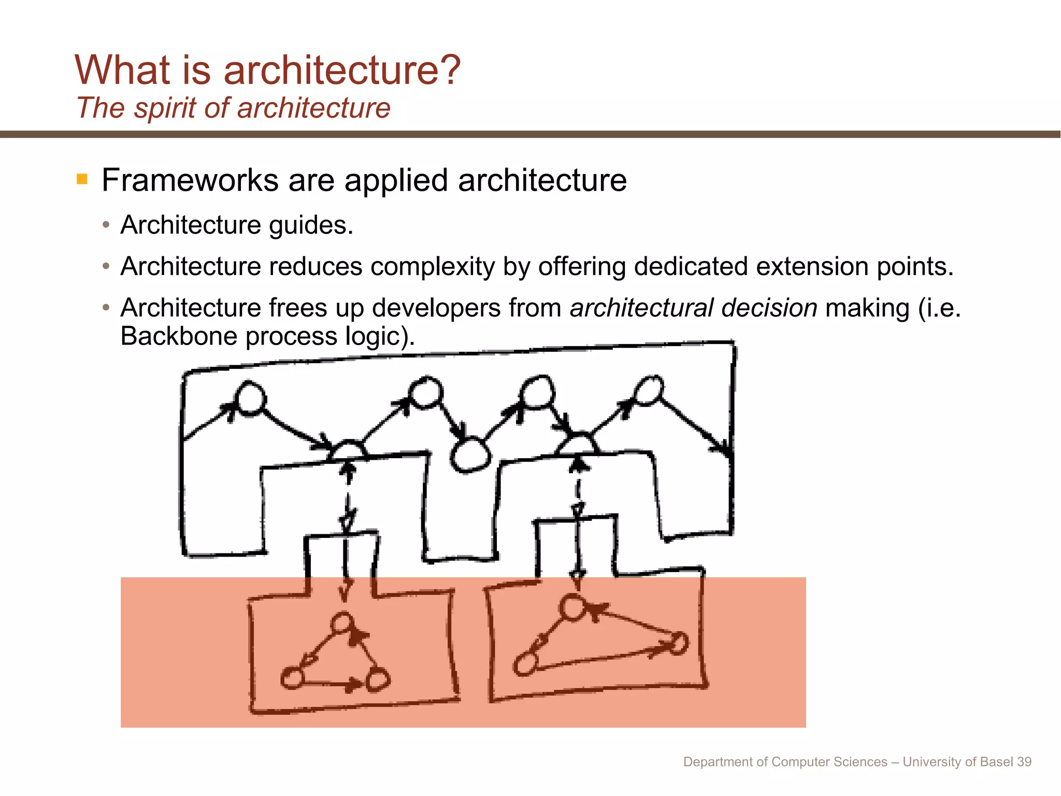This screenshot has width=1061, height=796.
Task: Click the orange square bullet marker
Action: (82, 179)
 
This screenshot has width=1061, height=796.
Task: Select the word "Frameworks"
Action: (190, 180)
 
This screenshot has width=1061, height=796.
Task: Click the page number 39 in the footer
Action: (1024, 762)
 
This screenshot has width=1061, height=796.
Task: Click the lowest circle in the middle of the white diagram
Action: (470, 455)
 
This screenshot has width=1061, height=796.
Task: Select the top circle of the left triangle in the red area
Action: (342, 622)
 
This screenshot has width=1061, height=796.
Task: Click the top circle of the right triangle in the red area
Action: (573, 607)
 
